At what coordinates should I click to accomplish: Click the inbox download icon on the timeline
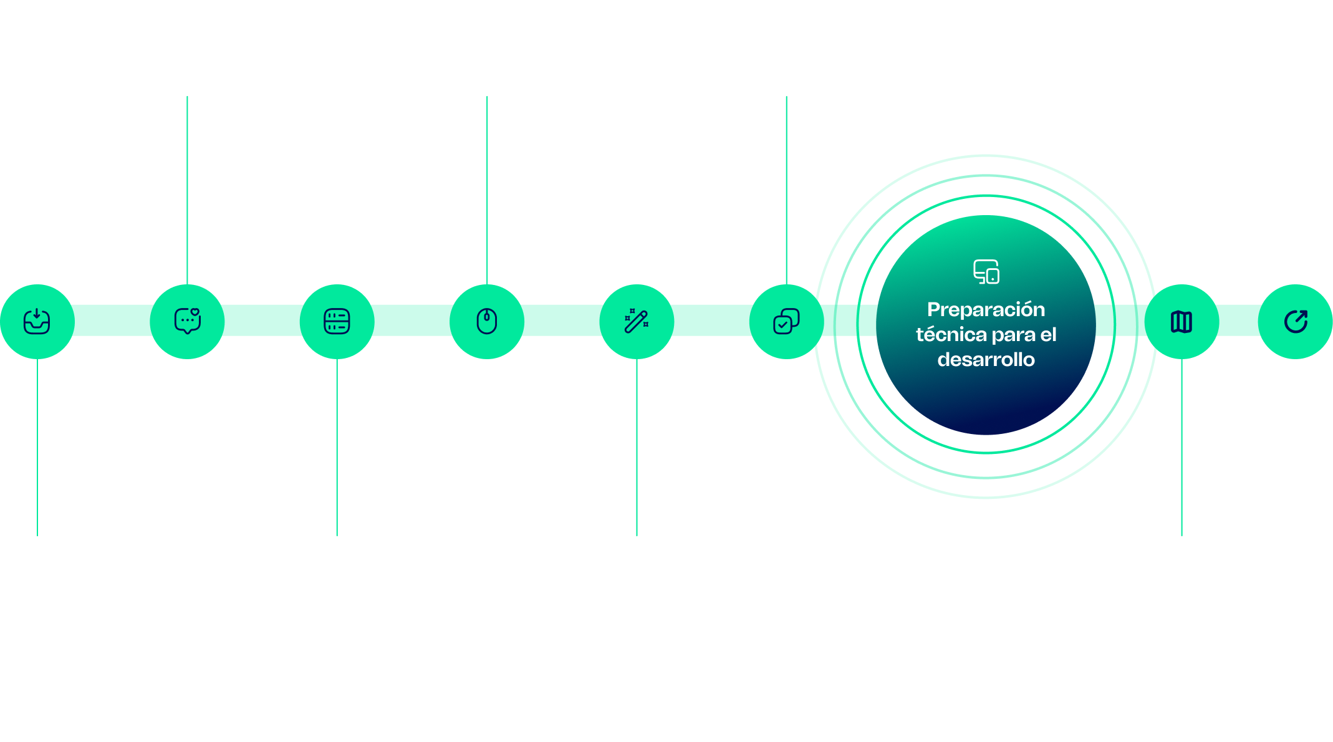(37, 321)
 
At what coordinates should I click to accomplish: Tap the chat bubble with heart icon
(187, 321)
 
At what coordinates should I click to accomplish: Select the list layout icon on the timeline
(337, 321)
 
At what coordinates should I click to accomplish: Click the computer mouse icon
(487, 321)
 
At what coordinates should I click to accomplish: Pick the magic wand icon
(637, 321)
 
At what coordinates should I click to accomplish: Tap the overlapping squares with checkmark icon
(786, 321)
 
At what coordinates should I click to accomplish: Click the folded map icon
(1181, 322)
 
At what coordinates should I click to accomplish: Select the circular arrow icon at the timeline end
(1296, 322)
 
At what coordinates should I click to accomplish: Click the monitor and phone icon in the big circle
(986, 272)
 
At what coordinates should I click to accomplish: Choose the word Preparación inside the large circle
(986, 309)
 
